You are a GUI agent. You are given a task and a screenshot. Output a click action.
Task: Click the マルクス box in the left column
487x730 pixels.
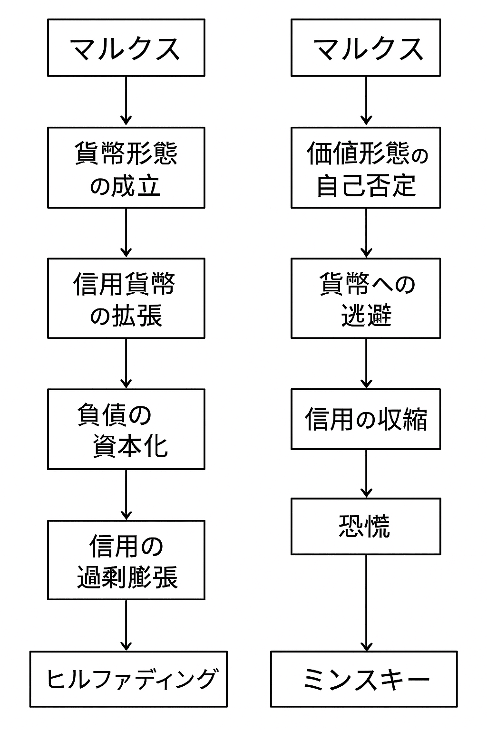pyautogui.click(x=126, y=48)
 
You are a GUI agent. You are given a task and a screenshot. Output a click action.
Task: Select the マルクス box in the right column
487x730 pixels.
pyautogui.click(x=365, y=48)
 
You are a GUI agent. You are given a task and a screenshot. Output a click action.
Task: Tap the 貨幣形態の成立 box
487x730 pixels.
pyautogui.click(x=126, y=167)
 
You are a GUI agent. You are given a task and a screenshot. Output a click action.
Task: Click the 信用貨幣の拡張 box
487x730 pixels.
pyautogui.click(x=126, y=298)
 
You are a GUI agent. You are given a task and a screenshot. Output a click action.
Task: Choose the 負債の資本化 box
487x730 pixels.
pyautogui.click(x=126, y=429)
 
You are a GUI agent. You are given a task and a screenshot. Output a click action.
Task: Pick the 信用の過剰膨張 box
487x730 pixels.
pyautogui.click(x=126, y=560)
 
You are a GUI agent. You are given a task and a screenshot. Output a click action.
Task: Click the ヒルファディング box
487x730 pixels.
pyautogui.click(x=128, y=679)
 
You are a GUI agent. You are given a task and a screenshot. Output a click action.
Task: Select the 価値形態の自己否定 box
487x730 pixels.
pyautogui.click(x=365, y=167)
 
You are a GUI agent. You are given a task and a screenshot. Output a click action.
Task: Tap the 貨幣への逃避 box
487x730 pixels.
pyautogui.click(x=365, y=298)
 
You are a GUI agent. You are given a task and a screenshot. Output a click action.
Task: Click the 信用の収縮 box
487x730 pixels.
pyautogui.click(x=365, y=419)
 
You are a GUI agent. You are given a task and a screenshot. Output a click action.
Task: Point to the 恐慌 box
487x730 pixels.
pyautogui.click(x=365, y=526)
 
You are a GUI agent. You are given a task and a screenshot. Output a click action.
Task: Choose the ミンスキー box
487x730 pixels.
pyautogui.click(x=364, y=679)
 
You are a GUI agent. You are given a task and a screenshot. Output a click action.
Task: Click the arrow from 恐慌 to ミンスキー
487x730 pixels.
pyautogui.click(x=366, y=603)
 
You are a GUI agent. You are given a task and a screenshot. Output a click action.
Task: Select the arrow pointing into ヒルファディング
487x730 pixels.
pyautogui.click(x=126, y=625)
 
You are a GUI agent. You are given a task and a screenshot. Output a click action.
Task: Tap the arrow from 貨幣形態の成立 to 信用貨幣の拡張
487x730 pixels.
pyautogui.click(x=126, y=233)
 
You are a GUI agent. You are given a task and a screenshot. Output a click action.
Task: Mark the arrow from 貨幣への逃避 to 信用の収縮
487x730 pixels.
pyautogui.click(x=366, y=364)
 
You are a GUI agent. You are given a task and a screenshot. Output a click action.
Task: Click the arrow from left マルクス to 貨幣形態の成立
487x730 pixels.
pyautogui.click(x=126, y=101)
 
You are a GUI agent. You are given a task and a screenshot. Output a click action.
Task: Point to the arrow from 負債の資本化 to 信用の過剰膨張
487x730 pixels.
pyautogui.click(x=126, y=495)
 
